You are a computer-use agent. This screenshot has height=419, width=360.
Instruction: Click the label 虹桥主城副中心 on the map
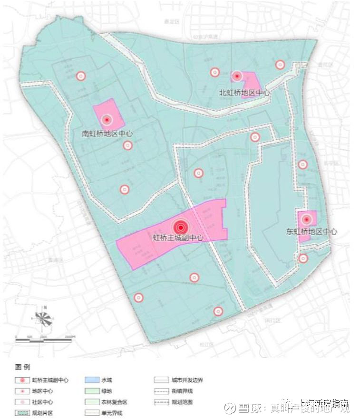pyautogui.click(x=177, y=237)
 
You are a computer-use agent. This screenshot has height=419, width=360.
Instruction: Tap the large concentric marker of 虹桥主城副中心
pyautogui.click(x=180, y=228)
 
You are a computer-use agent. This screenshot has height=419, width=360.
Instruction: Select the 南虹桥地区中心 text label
pyautogui.click(x=107, y=133)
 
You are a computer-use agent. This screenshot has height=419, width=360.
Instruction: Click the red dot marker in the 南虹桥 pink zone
pyautogui.click(x=107, y=120)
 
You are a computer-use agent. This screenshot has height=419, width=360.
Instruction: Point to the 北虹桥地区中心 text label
pyautogui.click(x=244, y=93)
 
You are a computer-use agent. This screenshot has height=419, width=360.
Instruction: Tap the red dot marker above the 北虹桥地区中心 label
pyautogui.click(x=236, y=76)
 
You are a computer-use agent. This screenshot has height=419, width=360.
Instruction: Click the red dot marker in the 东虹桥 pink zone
pyautogui.click(x=307, y=219)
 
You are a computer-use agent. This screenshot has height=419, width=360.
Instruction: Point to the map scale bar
pyautogui.click(x=46, y=338)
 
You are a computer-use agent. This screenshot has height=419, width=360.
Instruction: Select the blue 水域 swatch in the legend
pyautogui.click(x=91, y=380)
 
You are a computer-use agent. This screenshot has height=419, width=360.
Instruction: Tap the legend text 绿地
pyautogui.click(x=107, y=391)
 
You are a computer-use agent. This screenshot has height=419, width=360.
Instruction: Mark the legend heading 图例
pyautogui.click(x=23, y=367)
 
